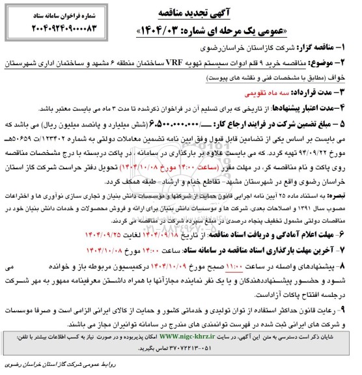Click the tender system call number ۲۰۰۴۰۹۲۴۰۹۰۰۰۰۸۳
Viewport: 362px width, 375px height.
pyautogui.click(x=55, y=29)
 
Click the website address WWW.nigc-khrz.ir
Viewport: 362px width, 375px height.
pyautogui.click(x=201, y=339)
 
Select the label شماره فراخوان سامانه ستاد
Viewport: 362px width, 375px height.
pyautogui.click(x=55, y=12)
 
